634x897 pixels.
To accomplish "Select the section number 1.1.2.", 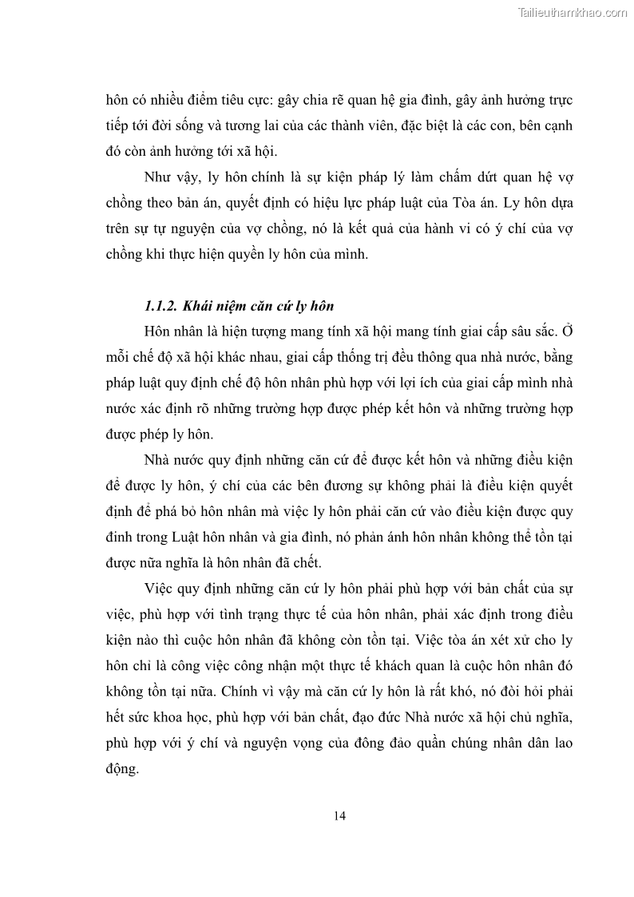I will pos(162,306).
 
